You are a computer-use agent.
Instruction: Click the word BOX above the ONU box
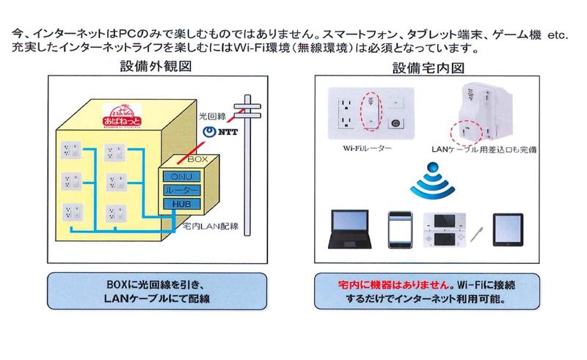[197, 158]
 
